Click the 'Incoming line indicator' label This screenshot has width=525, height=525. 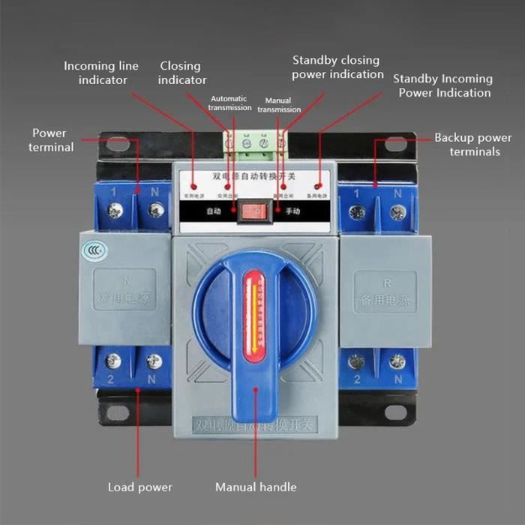[x=100, y=73]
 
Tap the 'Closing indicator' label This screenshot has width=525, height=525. [x=181, y=73]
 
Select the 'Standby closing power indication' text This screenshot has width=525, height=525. [x=337, y=67]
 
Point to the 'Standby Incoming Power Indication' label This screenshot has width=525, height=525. [x=443, y=85]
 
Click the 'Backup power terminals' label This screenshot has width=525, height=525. [x=473, y=145]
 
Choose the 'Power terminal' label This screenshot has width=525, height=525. [x=50, y=140]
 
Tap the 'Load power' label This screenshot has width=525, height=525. [x=139, y=487]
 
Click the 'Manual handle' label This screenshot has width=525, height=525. [x=256, y=487]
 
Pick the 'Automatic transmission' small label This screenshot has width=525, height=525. [x=230, y=103]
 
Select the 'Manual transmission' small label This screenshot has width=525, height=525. [x=279, y=105]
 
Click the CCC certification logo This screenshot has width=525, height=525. [x=93, y=251]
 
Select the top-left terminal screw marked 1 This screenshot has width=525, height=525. [x=115, y=212]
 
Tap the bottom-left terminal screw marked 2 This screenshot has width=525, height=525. [x=114, y=361]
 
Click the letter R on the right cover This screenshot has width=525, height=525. [x=385, y=283]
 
